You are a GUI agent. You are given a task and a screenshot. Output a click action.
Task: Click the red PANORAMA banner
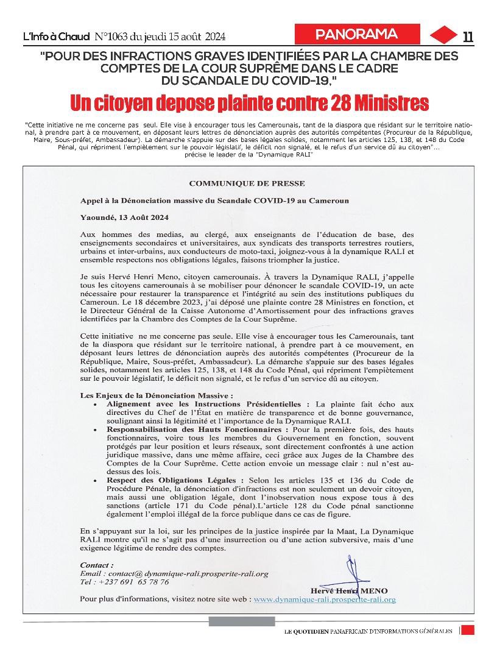pos(358,34)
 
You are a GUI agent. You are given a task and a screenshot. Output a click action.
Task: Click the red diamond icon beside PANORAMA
pos(442,35)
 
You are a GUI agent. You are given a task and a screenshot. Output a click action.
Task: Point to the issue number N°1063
pos(113,37)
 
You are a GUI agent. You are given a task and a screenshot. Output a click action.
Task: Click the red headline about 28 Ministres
pos(248,102)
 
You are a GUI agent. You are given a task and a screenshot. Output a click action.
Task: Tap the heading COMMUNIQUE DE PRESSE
pos(247,183)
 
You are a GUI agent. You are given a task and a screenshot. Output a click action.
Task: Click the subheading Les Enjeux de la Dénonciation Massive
pos(157,395)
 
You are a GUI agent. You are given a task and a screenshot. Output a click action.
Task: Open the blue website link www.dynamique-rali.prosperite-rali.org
pos(325,600)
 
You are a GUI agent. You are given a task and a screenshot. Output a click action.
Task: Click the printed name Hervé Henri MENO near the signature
pos(348,590)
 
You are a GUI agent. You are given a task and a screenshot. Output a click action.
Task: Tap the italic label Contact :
pos(97,565)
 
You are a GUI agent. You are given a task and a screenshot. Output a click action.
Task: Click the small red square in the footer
pos(468,630)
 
